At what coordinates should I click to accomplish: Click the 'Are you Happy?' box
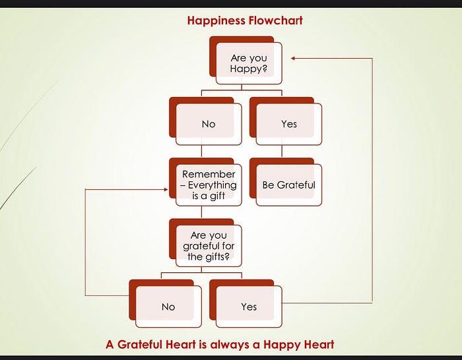click(248, 63)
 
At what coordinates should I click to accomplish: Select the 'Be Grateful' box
click(288, 185)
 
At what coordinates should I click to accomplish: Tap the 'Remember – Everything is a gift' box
click(209, 185)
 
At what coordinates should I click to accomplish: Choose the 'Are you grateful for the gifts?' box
click(209, 246)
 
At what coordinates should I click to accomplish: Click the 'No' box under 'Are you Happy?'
click(209, 124)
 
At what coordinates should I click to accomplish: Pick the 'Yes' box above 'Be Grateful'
click(288, 124)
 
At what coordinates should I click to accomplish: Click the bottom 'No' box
click(168, 307)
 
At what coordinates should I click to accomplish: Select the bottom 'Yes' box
click(249, 307)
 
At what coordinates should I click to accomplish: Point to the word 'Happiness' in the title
click(215, 20)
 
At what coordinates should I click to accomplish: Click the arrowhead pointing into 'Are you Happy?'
click(294, 58)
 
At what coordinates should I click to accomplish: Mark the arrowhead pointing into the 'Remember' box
click(166, 189)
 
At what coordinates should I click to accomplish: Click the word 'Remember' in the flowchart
click(209, 175)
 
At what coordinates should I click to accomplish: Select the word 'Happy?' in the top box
click(249, 69)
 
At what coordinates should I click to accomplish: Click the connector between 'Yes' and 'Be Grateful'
click(282, 151)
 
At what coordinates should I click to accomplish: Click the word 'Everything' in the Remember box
click(212, 185)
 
